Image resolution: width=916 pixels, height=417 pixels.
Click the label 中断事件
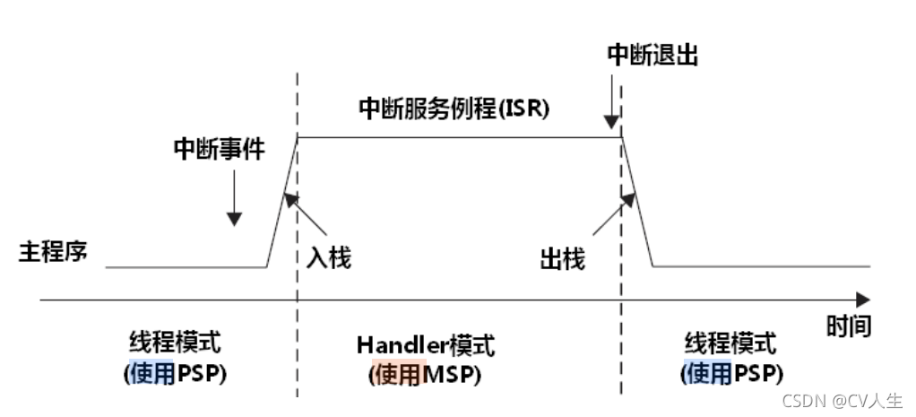[219, 149]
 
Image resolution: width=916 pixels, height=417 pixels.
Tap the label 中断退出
[652, 55]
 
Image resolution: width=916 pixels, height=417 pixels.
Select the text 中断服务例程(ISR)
[454, 109]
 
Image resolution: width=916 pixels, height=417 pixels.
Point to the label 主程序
[53, 251]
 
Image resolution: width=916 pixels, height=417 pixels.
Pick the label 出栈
[563, 259]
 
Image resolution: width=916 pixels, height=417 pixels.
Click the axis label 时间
[847, 325]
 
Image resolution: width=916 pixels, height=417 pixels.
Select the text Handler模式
[425, 345]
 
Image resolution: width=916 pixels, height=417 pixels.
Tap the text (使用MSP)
[425, 374]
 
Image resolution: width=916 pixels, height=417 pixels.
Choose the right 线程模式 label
[730, 343]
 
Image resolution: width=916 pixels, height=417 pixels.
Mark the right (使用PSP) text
[730, 372]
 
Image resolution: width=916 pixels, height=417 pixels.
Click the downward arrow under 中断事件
[234, 197]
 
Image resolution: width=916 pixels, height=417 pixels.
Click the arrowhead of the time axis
[862, 300]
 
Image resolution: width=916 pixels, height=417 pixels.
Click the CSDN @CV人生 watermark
[842, 401]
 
